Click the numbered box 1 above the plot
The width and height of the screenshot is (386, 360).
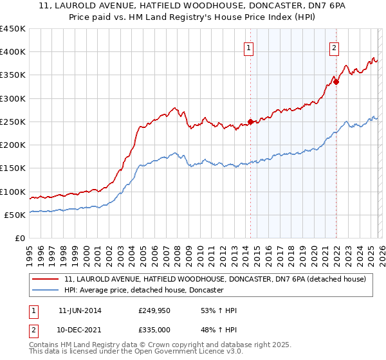(x=249, y=46)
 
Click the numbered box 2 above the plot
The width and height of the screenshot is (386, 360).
(x=335, y=46)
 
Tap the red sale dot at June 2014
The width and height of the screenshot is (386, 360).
(x=250, y=122)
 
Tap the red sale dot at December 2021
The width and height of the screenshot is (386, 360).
(x=336, y=82)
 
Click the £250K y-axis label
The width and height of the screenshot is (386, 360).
(x=12, y=122)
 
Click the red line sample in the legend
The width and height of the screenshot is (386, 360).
(x=46, y=279)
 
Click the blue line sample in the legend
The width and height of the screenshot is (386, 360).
(x=46, y=290)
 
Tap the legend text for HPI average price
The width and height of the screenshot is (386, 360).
(x=143, y=290)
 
